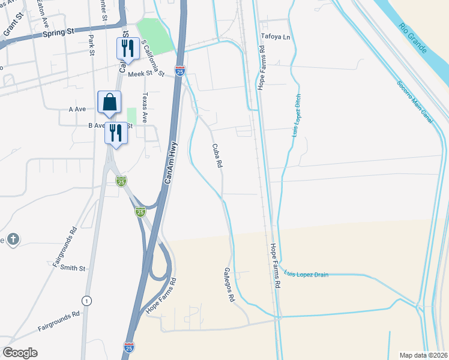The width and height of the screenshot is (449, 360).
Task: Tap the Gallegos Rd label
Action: click(x=228, y=284)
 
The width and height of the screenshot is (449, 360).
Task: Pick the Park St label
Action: click(x=92, y=45)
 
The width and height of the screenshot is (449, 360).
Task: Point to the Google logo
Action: click(x=20, y=353)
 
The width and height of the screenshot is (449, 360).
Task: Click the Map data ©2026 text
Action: click(x=424, y=354)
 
